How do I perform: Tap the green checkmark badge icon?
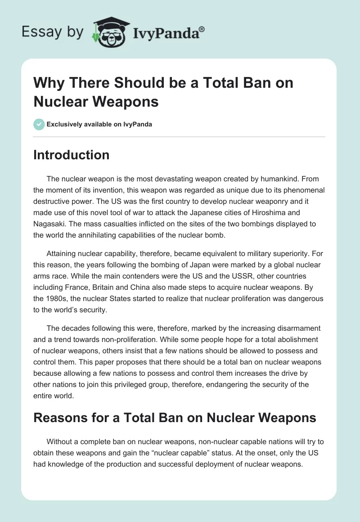(x=39, y=124)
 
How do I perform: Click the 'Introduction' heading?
(x=72, y=155)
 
